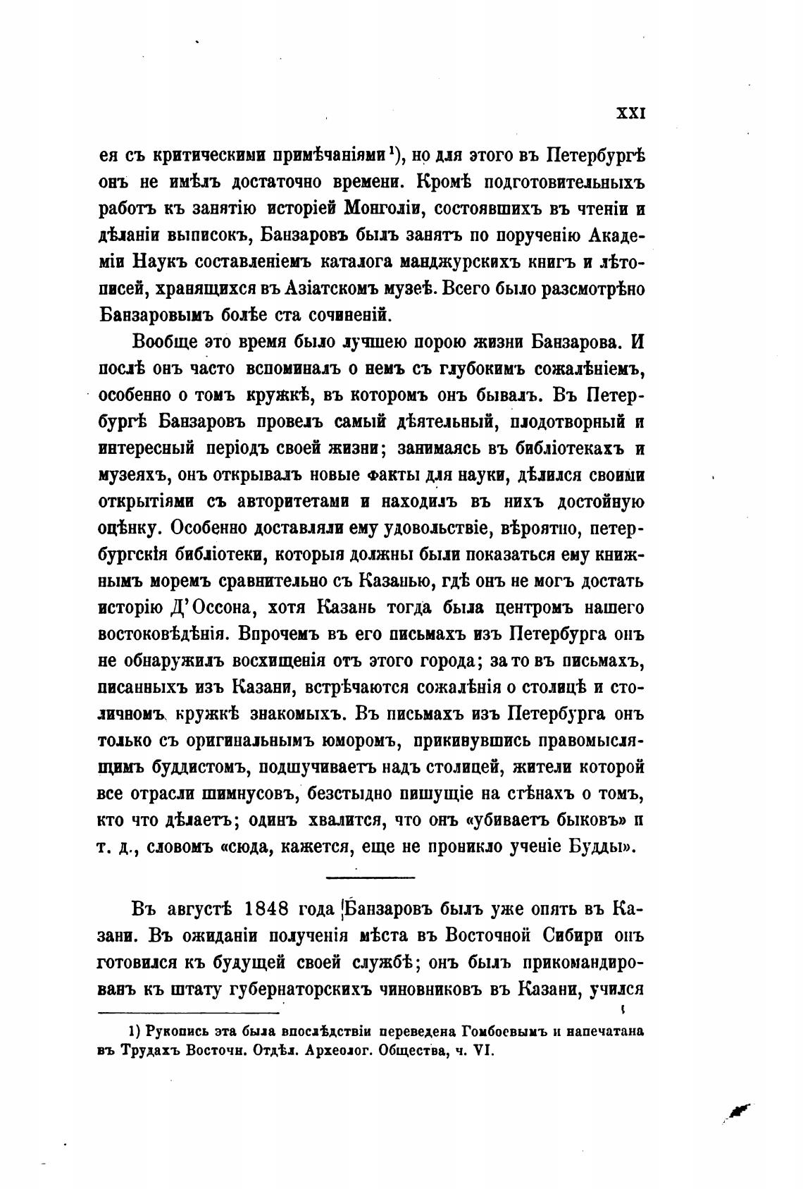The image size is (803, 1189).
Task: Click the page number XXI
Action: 631,113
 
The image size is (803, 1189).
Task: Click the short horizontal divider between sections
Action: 371,877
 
